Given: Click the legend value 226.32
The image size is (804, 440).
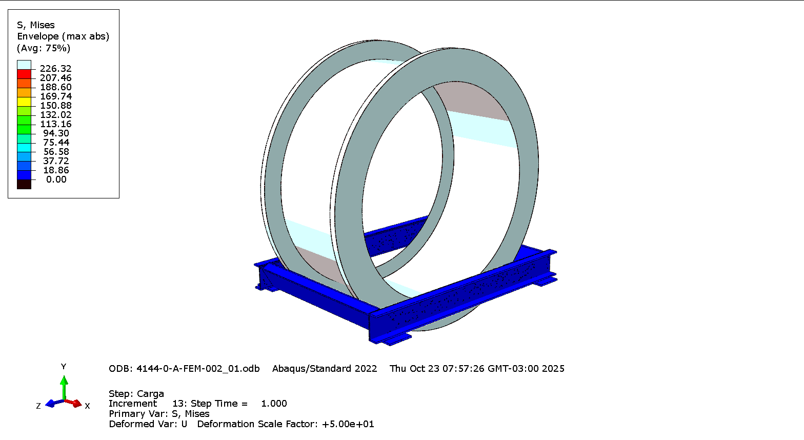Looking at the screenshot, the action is (x=55, y=69).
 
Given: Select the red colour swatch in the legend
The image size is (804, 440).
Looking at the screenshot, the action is (x=24, y=74).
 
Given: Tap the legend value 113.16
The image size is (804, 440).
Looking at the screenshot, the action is (x=55, y=124).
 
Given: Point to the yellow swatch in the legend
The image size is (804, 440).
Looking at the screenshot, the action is (x=24, y=102).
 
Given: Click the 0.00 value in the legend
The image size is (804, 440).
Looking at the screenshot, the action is (x=56, y=179).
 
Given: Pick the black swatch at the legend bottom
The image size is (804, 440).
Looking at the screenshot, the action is (x=24, y=184).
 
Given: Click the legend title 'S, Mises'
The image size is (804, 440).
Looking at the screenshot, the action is (x=36, y=25).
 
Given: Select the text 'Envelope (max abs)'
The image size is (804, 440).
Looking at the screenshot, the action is (x=63, y=36).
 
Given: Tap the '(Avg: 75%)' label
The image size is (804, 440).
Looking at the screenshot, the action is (x=44, y=48).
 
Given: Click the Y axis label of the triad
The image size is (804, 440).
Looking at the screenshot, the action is (x=64, y=367).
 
